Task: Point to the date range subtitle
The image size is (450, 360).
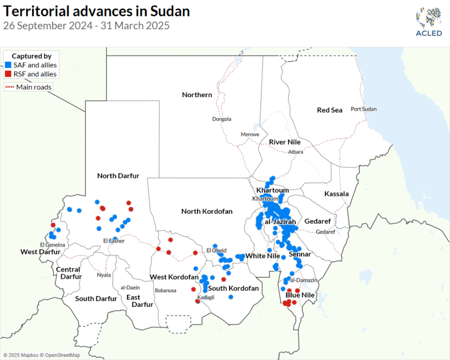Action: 86,26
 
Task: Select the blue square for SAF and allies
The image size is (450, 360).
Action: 7,66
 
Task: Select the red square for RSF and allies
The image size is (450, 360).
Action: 7,74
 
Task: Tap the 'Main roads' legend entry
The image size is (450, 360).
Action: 29,87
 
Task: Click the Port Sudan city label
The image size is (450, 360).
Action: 364,109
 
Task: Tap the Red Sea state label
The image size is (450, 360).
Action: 330,110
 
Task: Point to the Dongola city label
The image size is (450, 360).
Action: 222,119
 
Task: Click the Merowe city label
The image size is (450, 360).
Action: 250,134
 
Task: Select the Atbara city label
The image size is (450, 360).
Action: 296,152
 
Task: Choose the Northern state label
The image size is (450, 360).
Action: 197,94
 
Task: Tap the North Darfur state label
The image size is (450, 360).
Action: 118,175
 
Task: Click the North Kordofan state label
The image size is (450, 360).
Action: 207,211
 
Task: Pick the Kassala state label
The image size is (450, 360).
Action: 336,194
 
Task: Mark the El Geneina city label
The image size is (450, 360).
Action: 53,245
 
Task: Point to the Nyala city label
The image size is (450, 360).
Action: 104,275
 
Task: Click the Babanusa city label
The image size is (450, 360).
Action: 166,290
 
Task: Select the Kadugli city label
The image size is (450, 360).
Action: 206,297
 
